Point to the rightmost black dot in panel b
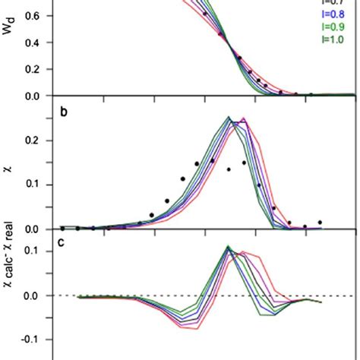[320, 223]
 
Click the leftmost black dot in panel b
[62, 228]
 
